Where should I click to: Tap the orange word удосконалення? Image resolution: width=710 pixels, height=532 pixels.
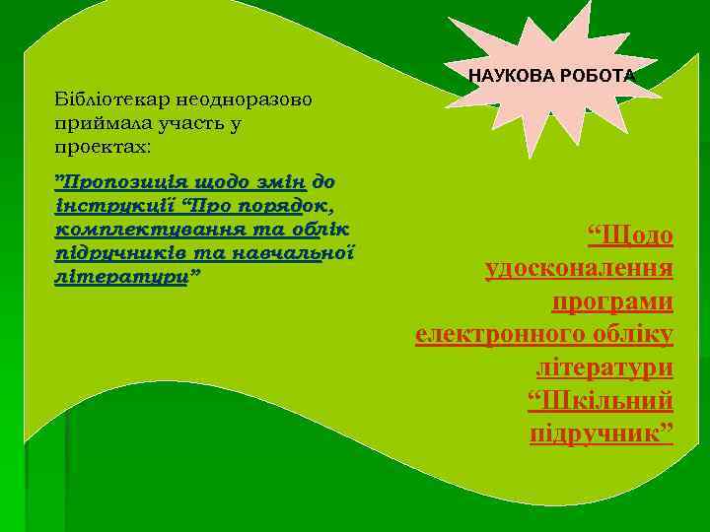click(579, 269)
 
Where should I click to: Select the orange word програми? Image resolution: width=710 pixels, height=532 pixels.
click(612, 301)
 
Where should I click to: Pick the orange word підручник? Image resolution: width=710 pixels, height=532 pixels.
click(596, 432)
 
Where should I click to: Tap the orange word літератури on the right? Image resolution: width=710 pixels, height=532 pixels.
click(604, 366)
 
